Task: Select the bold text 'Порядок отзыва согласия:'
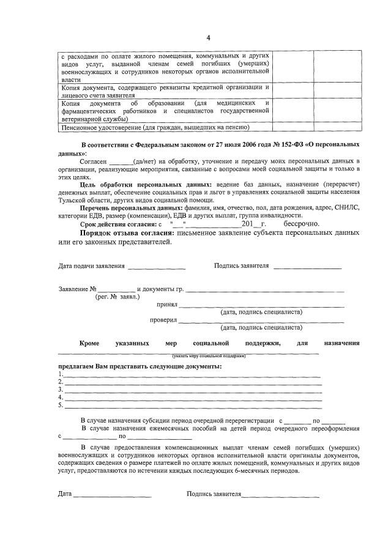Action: pyautogui.click(x=127, y=233)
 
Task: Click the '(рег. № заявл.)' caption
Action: pyautogui.click(x=117, y=297)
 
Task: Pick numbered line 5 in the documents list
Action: pyautogui.click(x=193, y=406)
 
